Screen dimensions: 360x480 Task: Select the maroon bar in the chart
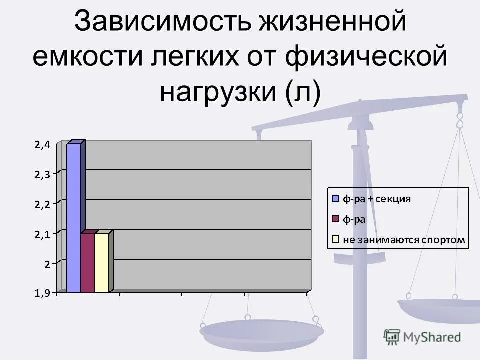tap(88, 263)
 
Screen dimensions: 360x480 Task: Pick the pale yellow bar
tap(101, 263)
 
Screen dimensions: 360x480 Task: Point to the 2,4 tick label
tap(42, 145)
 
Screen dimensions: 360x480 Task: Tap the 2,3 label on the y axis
tap(42, 174)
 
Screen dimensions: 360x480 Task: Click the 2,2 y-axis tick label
tap(42, 204)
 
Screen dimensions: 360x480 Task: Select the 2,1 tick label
tap(42, 234)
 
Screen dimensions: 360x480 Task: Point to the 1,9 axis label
tap(42, 294)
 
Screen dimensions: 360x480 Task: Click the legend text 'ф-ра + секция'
tap(376, 199)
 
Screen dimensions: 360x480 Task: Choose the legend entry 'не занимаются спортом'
tap(404, 240)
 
